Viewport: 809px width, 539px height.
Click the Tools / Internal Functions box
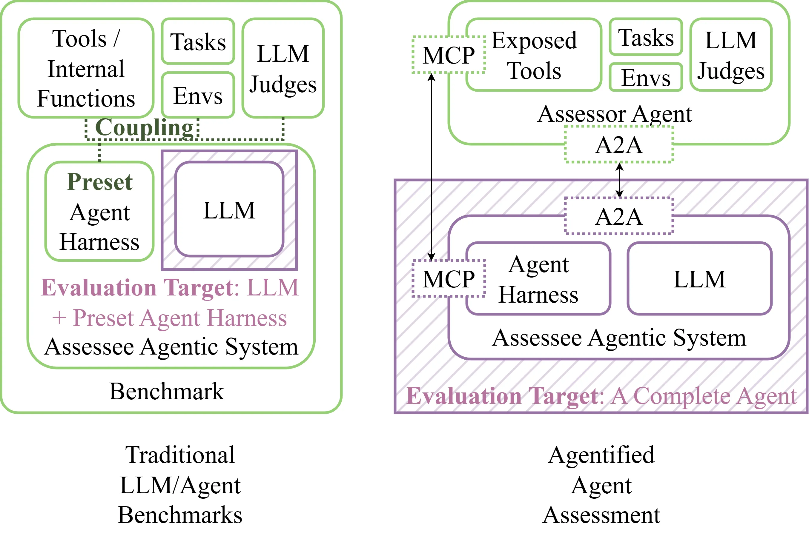click(x=86, y=68)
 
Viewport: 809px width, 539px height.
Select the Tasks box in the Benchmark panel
click(x=198, y=41)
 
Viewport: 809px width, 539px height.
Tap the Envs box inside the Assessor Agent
click(x=646, y=77)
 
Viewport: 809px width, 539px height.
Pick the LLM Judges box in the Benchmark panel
click(x=283, y=68)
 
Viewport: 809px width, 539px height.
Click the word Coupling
click(x=145, y=127)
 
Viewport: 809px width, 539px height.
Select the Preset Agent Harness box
click(x=99, y=211)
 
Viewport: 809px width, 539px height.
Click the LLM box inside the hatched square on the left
click(x=229, y=210)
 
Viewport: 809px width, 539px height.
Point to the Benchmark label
click(x=167, y=391)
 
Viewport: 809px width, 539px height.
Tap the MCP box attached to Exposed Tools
click(x=449, y=55)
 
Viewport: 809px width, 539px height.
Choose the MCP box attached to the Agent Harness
click(x=449, y=278)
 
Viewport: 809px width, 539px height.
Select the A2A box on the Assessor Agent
click(x=618, y=145)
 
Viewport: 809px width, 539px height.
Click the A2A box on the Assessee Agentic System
click(x=618, y=216)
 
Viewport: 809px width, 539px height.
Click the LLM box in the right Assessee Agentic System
click(x=699, y=279)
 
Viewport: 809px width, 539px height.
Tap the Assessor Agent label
click(x=614, y=114)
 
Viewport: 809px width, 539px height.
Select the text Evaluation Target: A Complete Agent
click(x=601, y=396)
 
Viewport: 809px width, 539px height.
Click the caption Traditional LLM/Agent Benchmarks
click(x=180, y=485)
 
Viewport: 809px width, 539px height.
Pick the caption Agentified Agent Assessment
click(x=601, y=485)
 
